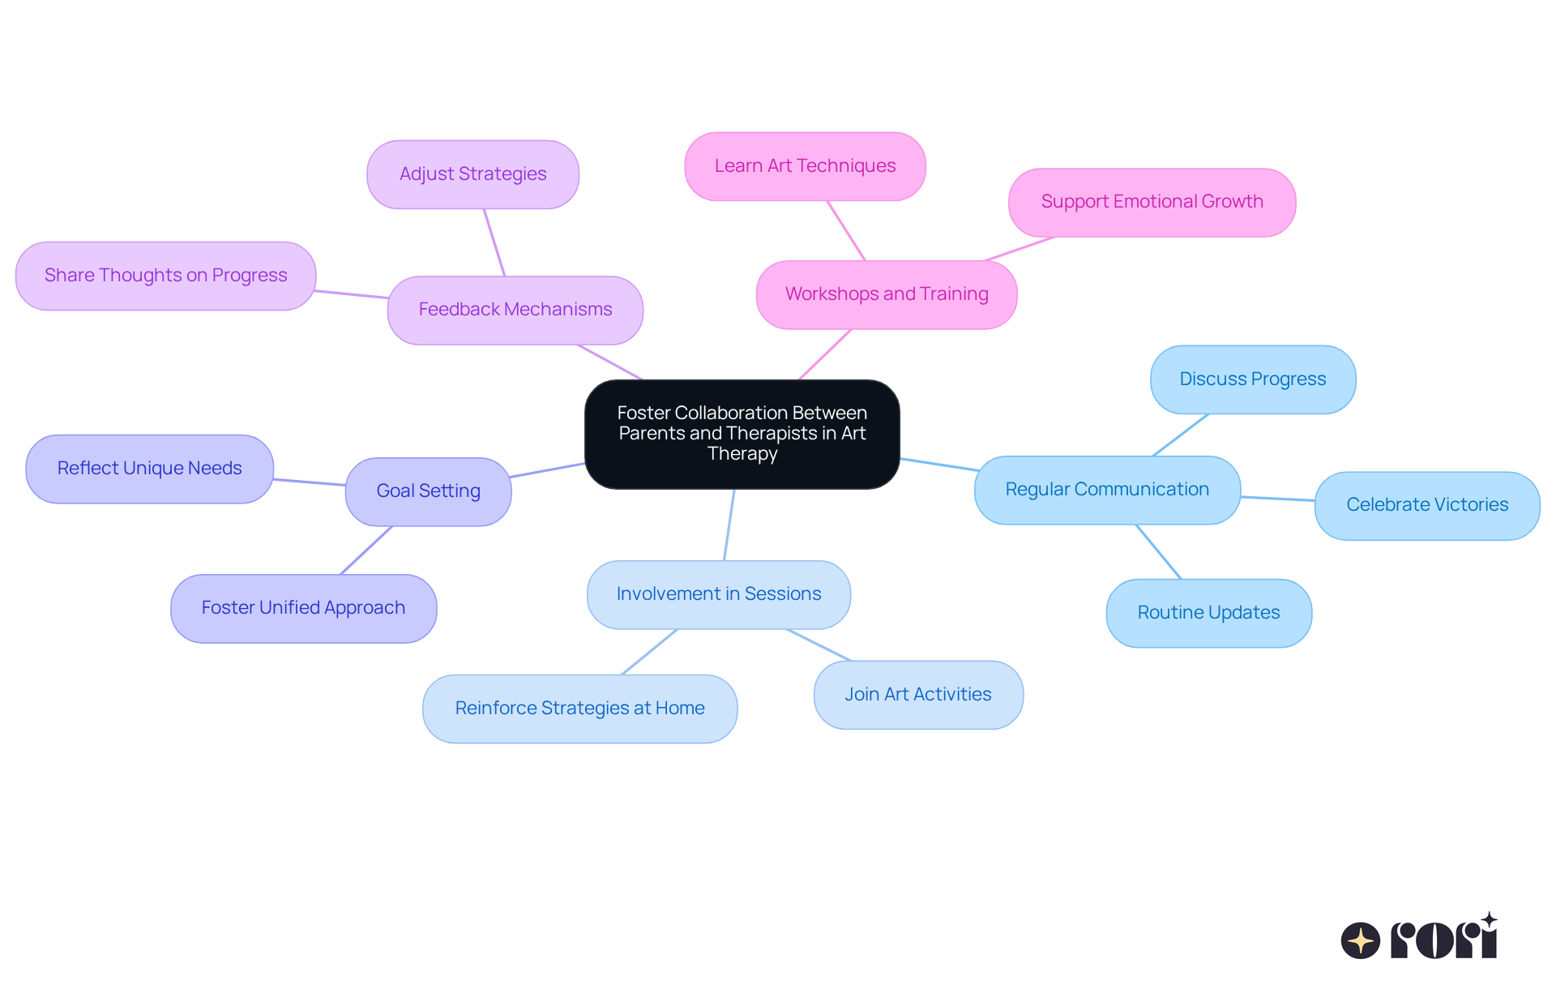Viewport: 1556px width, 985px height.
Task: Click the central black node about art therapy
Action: (x=742, y=434)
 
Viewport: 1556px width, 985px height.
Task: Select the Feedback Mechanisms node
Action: (x=515, y=310)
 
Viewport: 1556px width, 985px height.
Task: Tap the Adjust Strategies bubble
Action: (x=472, y=174)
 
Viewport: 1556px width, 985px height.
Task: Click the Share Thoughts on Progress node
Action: (x=165, y=276)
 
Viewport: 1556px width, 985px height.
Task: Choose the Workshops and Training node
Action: (x=886, y=294)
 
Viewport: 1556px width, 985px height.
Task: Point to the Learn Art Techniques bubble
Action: (x=805, y=166)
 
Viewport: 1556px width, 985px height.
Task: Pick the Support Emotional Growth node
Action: (x=1152, y=202)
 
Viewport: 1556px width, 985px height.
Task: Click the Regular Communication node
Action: (x=1107, y=490)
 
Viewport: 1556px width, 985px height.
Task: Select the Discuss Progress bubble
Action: (x=1252, y=379)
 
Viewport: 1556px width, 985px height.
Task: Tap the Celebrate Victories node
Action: (x=1426, y=505)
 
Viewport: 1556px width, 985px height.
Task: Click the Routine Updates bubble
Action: (x=1208, y=613)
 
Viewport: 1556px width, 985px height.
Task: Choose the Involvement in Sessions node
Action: (x=718, y=594)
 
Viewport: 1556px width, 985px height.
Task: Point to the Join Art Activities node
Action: (x=917, y=695)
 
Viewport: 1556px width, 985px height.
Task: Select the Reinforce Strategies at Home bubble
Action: (x=579, y=709)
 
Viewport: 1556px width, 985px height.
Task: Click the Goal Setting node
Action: (x=428, y=491)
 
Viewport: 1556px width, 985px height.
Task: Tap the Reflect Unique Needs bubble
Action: (x=149, y=469)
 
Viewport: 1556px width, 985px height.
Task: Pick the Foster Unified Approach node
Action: (x=303, y=608)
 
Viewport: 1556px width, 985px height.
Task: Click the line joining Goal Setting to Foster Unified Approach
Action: (x=366, y=550)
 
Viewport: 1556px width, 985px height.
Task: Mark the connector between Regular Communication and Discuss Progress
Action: (x=1181, y=435)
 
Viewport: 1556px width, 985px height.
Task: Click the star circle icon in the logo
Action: (x=1360, y=940)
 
